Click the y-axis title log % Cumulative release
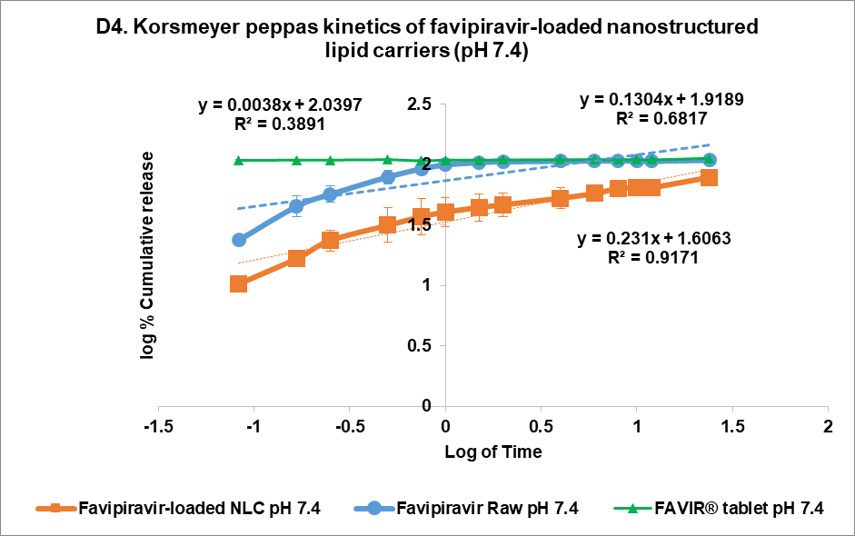coord(146,255)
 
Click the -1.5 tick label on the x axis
coord(158,427)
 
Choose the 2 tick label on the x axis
coord(828,427)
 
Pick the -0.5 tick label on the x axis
coord(350,427)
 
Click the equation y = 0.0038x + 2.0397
coord(281,105)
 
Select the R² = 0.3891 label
coord(281,124)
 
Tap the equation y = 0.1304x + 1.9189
coord(662,100)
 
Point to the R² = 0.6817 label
coord(662,118)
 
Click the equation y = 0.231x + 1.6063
coord(654,239)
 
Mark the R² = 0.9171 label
coord(654,258)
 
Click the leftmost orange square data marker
coord(239,283)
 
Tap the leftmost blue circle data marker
coord(239,240)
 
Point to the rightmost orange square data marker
coord(709,176)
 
